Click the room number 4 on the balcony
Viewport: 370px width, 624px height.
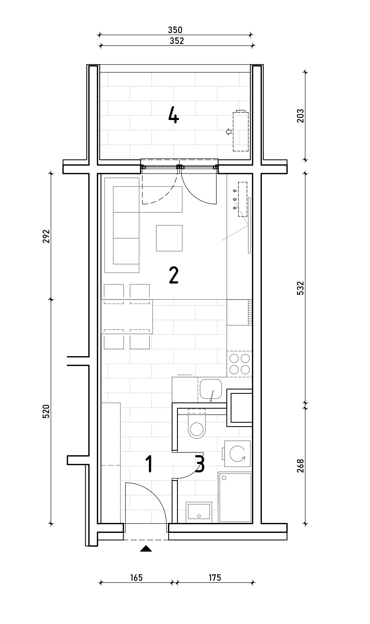pyautogui.click(x=174, y=115)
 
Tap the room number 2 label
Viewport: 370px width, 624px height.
pyautogui.click(x=174, y=275)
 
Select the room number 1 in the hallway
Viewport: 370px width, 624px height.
pyautogui.click(x=149, y=464)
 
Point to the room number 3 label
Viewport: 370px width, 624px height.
pyautogui.click(x=200, y=464)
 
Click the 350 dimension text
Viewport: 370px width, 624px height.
pyautogui.click(x=175, y=30)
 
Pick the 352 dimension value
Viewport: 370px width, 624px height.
pyautogui.click(x=177, y=41)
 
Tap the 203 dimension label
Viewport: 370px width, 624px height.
pyautogui.click(x=301, y=116)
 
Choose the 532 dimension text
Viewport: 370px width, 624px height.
pyautogui.click(x=301, y=288)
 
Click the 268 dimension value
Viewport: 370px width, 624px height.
pyautogui.click(x=301, y=466)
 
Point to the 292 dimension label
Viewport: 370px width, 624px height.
pyautogui.click(x=46, y=236)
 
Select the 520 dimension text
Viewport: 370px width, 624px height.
pyautogui.click(x=46, y=412)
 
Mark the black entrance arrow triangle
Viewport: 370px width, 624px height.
pyautogui.click(x=146, y=549)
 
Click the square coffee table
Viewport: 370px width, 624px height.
pyautogui.click(x=169, y=238)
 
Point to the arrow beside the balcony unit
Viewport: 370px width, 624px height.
pyautogui.click(x=229, y=132)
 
